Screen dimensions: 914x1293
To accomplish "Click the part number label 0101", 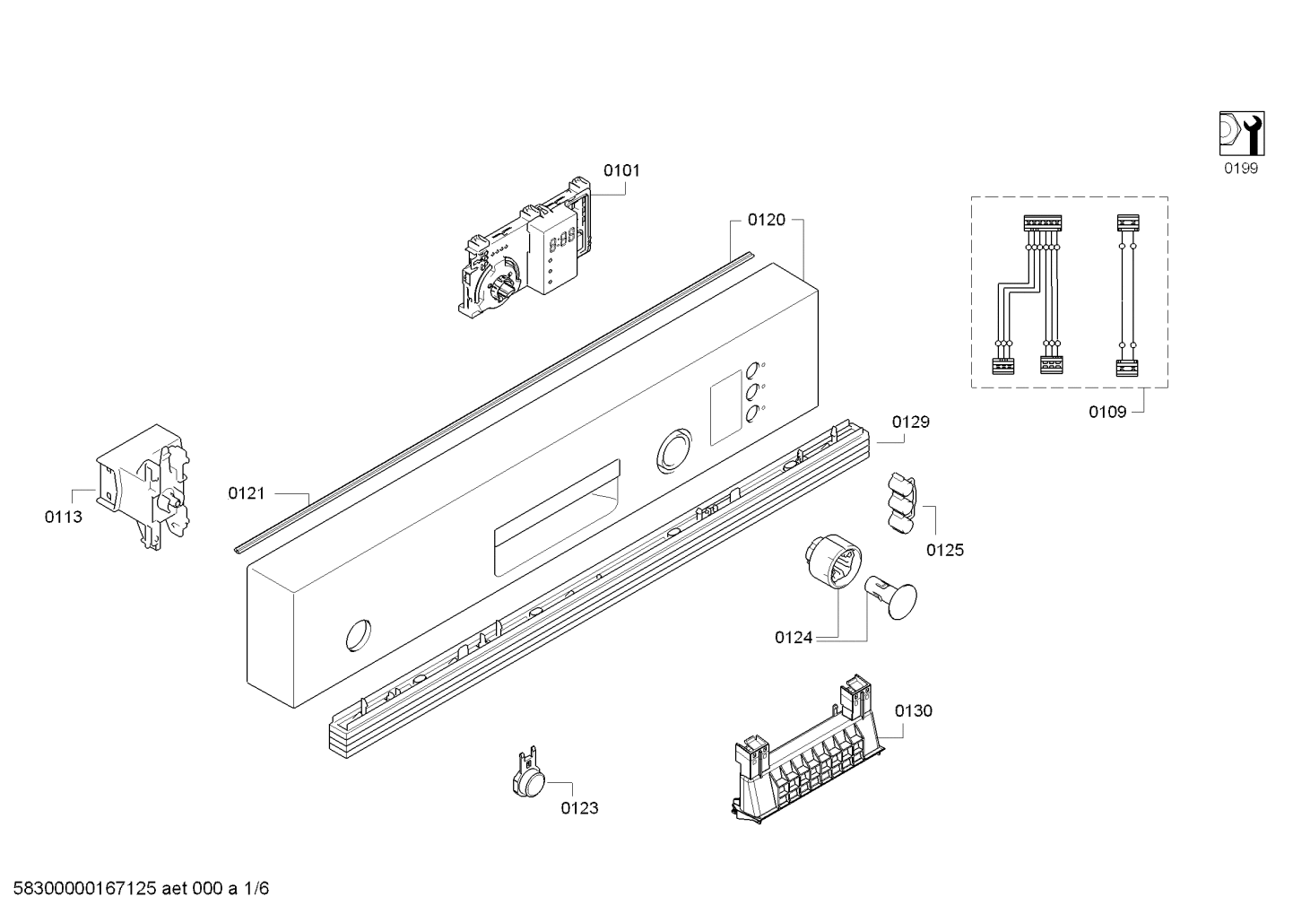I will tap(621, 170).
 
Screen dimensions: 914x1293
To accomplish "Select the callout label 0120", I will tap(767, 220).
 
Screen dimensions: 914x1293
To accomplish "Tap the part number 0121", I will tap(247, 492).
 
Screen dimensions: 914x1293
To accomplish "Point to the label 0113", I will tap(63, 517).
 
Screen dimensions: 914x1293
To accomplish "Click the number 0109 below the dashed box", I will tap(1107, 412).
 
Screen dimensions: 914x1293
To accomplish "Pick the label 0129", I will tap(910, 422).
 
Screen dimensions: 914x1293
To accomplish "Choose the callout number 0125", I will tap(945, 550).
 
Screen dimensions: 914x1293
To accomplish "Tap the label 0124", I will tap(794, 638).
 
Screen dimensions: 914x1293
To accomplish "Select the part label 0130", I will tap(914, 710).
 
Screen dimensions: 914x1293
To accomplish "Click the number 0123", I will tap(579, 808).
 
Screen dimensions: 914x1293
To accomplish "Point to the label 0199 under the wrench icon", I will tap(1241, 168).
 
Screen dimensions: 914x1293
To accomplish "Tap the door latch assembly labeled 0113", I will tap(143, 484).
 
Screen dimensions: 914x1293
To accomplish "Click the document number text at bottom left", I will tap(135, 889).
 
